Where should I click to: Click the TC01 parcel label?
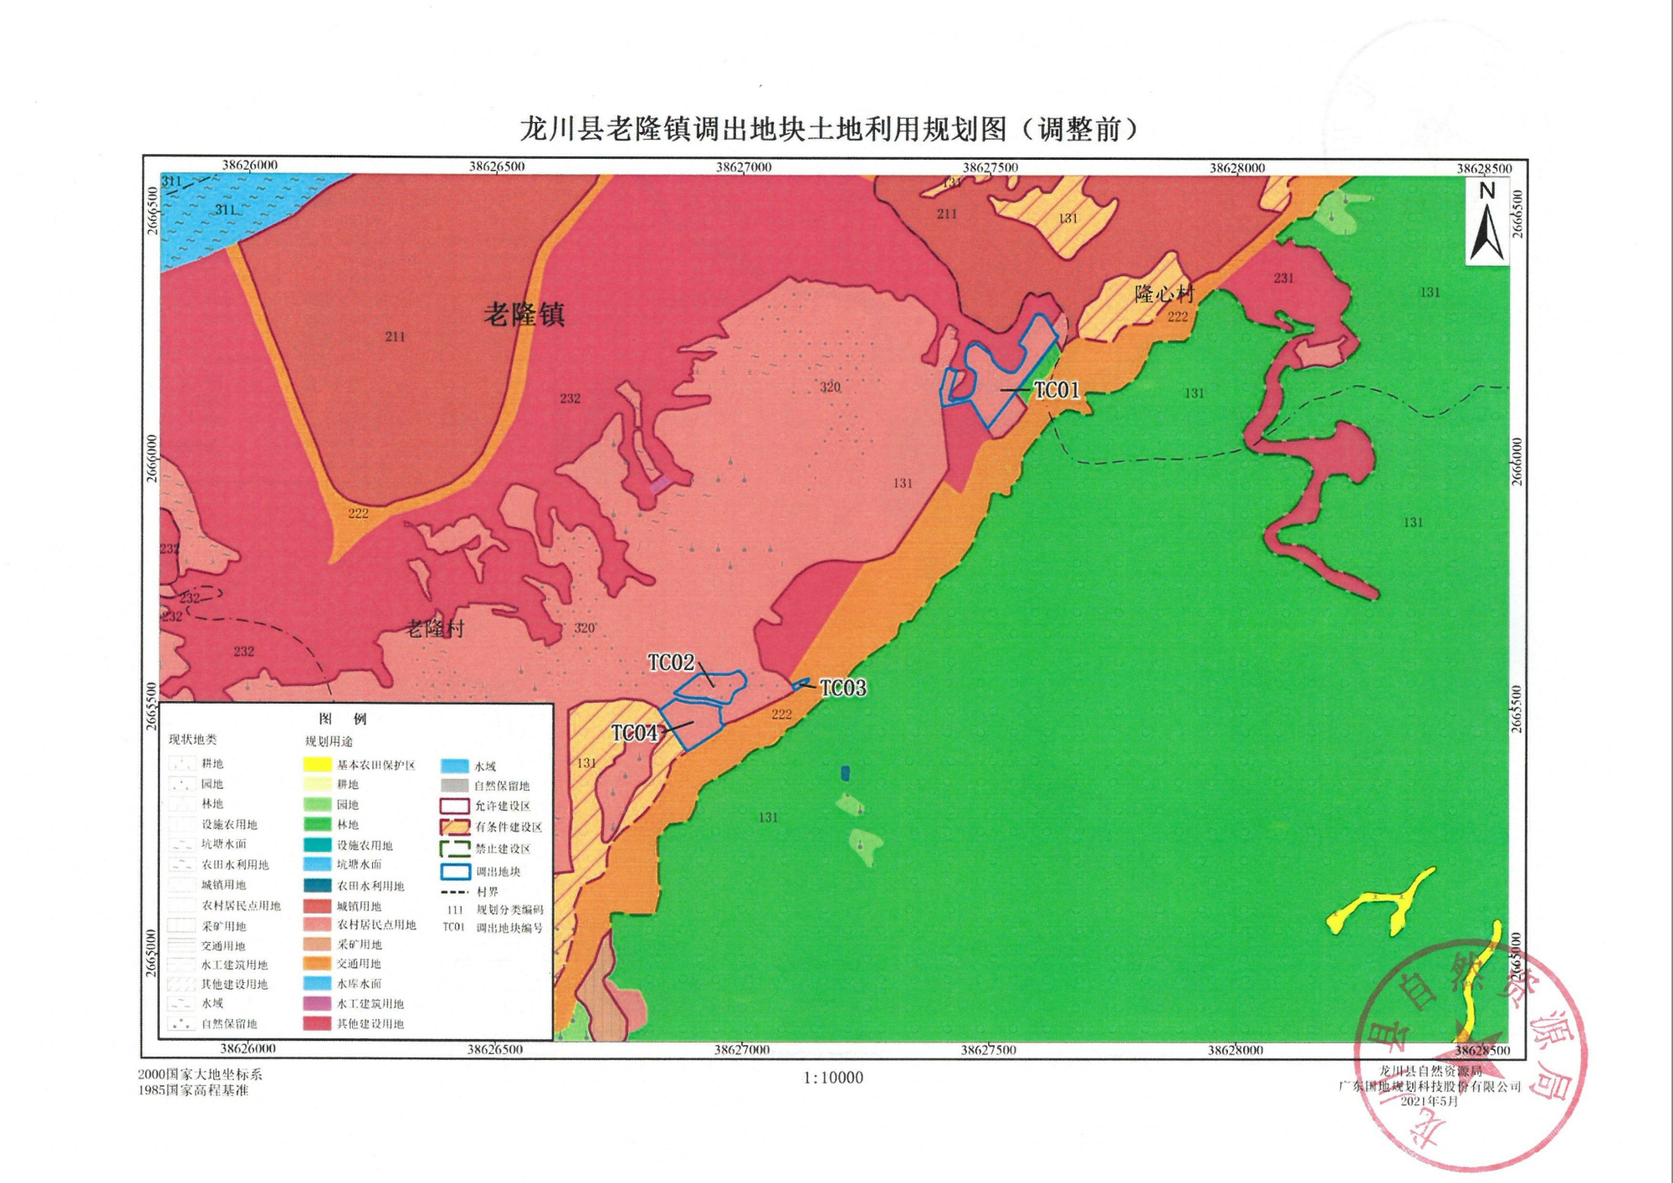click(x=1056, y=391)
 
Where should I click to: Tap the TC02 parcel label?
click(x=671, y=663)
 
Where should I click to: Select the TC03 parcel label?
click(x=842, y=688)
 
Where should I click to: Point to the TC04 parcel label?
click(x=634, y=734)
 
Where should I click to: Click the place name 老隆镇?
click(x=524, y=315)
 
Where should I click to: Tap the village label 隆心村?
click(x=1164, y=294)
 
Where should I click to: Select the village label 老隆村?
click(x=435, y=628)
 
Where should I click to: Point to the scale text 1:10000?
click(x=833, y=1078)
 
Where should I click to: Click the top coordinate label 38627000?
click(x=744, y=167)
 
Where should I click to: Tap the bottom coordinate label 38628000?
click(x=1235, y=1050)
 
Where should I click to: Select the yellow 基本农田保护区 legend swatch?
click(x=317, y=765)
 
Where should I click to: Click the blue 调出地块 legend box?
click(x=455, y=871)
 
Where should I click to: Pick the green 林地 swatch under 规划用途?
click(x=317, y=824)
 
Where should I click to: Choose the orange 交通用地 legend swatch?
click(x=317, y=964)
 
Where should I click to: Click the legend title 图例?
click(x=342, y=719)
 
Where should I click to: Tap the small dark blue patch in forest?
click(x=845, y=773)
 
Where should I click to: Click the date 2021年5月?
click(x=1429, y=1101)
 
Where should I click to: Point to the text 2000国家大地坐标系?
click(x=200, y=1074)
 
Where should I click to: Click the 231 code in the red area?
click(x=1283, y=278)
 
